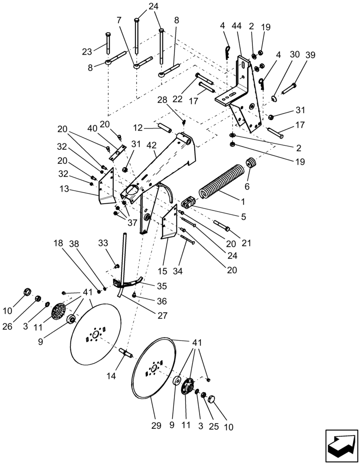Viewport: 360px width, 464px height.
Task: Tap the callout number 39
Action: click(310, 55)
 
